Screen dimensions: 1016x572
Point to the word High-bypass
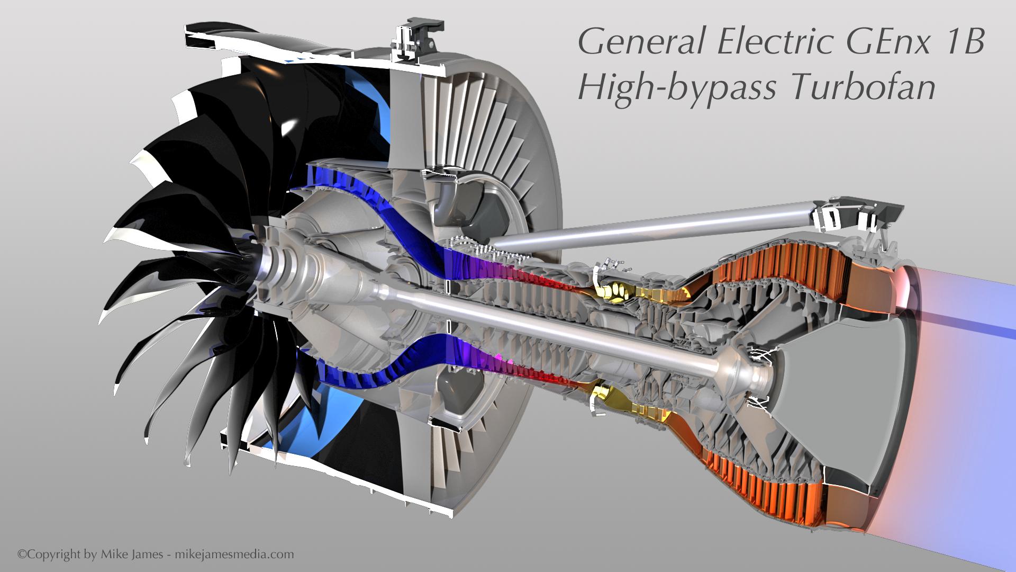tap(677, 87)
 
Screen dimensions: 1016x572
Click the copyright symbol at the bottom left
tap(22, 555)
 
